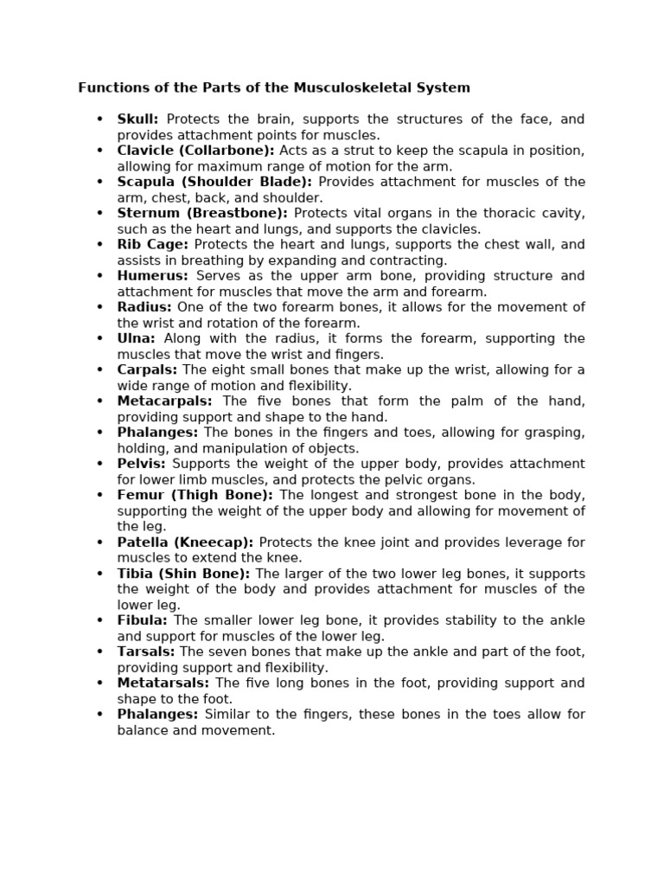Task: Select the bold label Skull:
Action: (137, 119)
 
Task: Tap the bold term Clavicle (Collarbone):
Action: (195, 151)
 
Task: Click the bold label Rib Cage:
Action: (152, 245)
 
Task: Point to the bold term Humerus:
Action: (152, 276)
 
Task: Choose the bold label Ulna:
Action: (136, 338)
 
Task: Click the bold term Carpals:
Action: (147, 369)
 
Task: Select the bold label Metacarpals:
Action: (164, 401)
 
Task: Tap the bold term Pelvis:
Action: (141, 464)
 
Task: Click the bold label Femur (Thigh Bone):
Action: (195, 495)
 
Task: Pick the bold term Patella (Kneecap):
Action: (185, 543)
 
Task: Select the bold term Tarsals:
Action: (145, 652)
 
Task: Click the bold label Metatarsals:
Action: (163, 684)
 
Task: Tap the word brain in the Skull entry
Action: (279, 119)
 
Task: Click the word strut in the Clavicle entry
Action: (348, 151)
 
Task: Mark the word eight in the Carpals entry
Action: (226, 369)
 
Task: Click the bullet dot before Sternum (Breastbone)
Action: (100, 213)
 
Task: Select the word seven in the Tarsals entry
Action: (225, 652)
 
